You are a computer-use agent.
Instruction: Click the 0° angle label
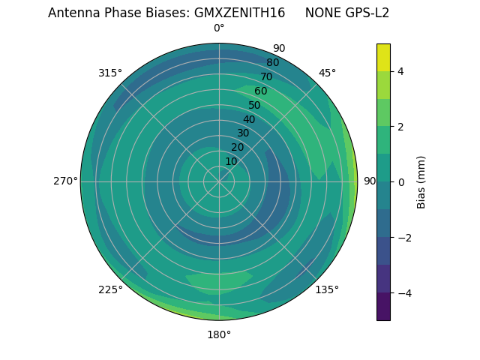click(x=219, y=28)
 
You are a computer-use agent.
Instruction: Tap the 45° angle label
click(x=328, y=73)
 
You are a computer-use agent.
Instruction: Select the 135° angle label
click(x=327, y=289)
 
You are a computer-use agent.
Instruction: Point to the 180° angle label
click(x=219, y=334)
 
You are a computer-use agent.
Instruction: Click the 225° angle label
click(x=110, y=289)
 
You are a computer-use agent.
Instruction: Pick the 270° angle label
click(x=65, y=181)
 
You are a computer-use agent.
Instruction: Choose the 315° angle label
click(x=110, y=73)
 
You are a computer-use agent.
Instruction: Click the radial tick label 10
click(x=231, y=161)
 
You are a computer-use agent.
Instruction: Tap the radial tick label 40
click(x=249, y=119)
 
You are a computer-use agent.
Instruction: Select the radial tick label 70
click(x=266, y=76)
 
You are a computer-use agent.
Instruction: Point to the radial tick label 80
click(x=272, y=62)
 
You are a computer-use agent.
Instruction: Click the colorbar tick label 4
click(x=401, y=71)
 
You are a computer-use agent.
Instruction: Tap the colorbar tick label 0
click(x=401, y=181)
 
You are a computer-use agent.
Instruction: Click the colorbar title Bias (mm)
click(x=421, y=181)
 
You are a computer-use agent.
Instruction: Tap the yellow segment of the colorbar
click(x=383, y=57)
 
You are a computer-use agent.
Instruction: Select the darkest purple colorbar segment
click(x=383, y=306)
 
